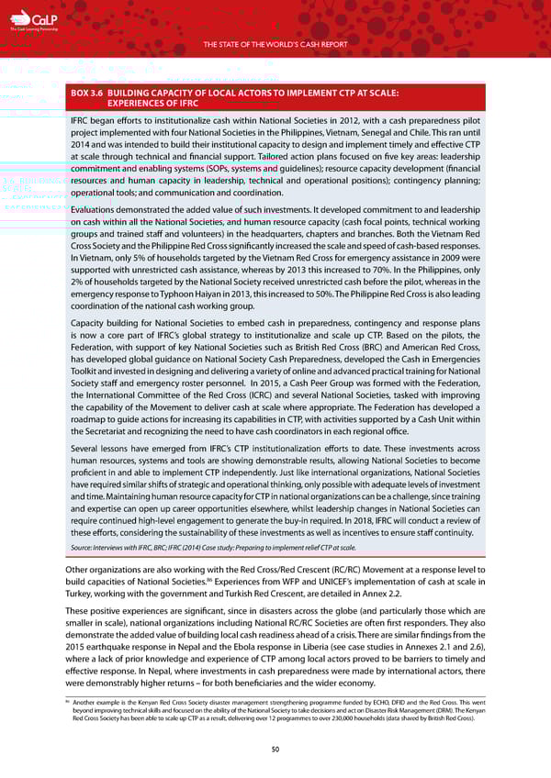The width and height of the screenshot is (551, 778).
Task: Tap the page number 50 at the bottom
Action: pyautogui.click(x=275, y=750)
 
